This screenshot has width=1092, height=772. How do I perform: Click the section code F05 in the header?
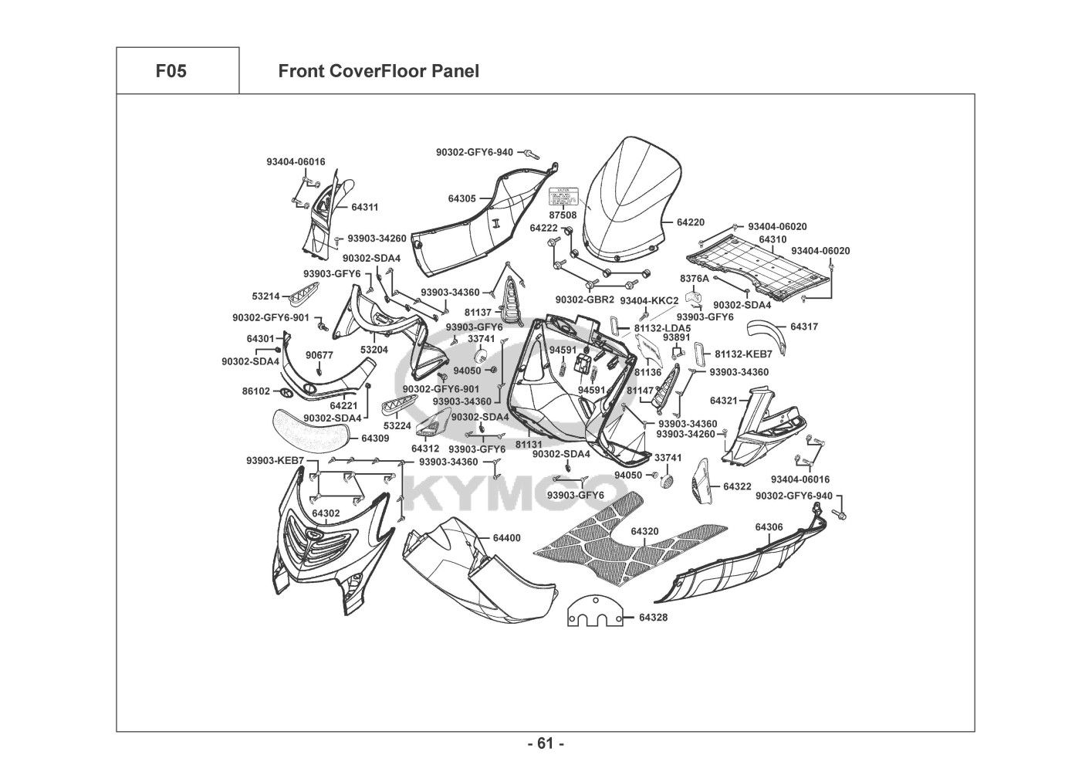(x=171, y=72)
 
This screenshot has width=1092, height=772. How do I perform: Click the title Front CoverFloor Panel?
(x=378, y=72)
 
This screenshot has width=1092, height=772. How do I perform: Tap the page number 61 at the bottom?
(x=546, y=744)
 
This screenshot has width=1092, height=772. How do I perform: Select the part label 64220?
(x=691, y=222)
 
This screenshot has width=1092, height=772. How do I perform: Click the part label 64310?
(x=773, y=239)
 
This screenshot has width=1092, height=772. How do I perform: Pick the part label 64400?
(x=506, y=537)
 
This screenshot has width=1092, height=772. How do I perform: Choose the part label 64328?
(x=654, y=618)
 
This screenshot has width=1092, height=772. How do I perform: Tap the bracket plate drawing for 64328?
(x=595, y=613)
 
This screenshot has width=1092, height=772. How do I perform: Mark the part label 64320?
(x=644, y=531)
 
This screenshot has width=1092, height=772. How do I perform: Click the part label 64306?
(x=769, y=527)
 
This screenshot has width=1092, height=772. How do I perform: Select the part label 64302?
(x=326, y=513)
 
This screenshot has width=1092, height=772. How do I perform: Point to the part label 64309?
(x=375, y=438)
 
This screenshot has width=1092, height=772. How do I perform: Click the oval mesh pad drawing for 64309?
(x=307, y=426)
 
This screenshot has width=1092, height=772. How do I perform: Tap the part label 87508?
(x=563, y=215)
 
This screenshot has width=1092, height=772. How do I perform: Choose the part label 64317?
(x=804, y=327)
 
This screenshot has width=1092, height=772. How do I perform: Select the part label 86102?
(x=256, y=391)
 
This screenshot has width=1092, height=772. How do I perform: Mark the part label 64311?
(x=364, y=208)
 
